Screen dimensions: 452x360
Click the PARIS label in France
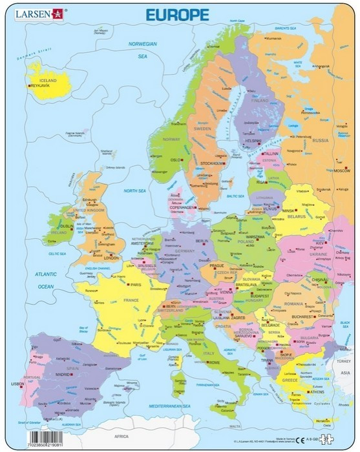tap(135, 284)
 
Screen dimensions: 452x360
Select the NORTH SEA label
tap(135, 191)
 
